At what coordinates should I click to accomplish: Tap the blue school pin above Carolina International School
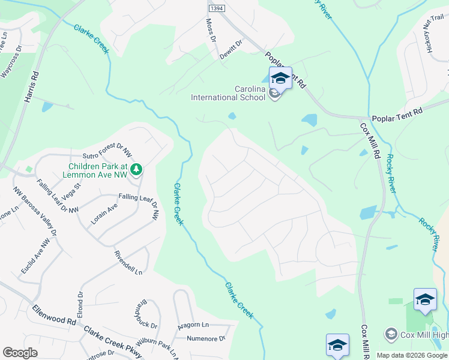click(280, 78)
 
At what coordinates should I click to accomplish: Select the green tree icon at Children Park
click(137, 170)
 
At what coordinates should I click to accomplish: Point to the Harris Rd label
click(31, 88)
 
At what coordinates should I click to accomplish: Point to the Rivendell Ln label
click(128, 262)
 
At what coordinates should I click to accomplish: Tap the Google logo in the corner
click(20, 353)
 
